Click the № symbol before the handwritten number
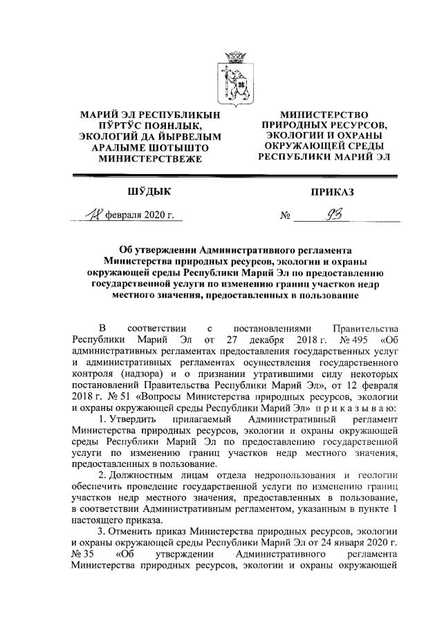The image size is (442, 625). pyautogui.click(x=284, y=217)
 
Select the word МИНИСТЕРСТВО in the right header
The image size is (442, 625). pyautogui.click(x=324, y=115)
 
